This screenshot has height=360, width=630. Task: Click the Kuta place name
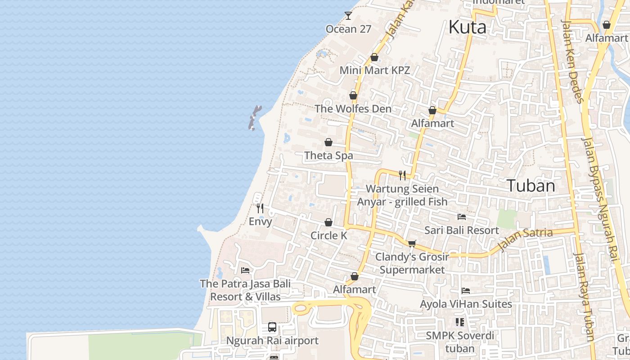coord(468,27)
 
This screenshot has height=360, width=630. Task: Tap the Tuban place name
coord(531,185)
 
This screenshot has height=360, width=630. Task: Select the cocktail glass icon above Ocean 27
coord(348,16)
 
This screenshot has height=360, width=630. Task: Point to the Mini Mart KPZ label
coord(374,70)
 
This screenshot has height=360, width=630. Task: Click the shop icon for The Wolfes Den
coord(353,95)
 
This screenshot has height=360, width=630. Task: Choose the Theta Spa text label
coord(328,156)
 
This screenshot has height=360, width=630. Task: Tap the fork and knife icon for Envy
coord(260,208)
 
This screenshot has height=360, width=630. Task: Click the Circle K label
coord(328,235)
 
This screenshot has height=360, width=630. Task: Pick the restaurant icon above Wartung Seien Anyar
coord(402,175)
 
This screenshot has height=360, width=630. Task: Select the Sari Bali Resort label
coord(462,230)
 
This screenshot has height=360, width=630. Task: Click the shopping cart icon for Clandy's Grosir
coord(412,243)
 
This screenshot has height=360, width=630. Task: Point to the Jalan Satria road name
coord(526,239)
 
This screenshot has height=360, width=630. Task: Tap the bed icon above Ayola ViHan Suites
coord(466,291)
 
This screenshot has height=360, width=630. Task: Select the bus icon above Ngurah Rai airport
coord(272,327)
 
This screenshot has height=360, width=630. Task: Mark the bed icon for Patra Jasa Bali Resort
coord(245,270)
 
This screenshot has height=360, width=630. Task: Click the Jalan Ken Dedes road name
coord(572,61)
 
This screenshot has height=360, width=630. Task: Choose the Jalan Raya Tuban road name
coord(584,297)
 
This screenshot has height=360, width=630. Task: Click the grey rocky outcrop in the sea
coord(254,118)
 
